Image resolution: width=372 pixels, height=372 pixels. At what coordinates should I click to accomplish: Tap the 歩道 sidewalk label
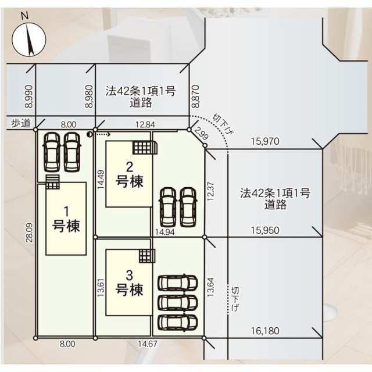coord(21,123)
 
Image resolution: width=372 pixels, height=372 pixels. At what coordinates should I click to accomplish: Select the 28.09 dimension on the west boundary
coord(30,233)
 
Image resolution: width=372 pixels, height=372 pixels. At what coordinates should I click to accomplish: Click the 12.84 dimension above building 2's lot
coord(145,124)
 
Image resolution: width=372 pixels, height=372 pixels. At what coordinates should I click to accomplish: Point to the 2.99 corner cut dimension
coord(202,133)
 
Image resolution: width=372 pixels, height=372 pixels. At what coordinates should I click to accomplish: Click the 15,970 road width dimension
coord(265,141)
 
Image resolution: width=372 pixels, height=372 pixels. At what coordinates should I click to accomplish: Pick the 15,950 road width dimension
coord(265,230)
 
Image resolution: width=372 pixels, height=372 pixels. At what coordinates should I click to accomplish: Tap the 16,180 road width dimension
coord(265,331)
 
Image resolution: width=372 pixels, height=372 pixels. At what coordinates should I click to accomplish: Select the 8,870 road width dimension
coord(196,96)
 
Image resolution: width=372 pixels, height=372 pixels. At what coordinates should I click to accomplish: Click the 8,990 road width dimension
coord(28,96)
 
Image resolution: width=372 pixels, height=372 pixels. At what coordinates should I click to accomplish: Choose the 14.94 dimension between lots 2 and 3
coord(164,232)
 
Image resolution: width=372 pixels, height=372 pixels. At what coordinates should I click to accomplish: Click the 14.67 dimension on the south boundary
coord(148,344)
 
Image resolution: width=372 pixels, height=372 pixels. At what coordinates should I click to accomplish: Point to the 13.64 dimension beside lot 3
coord(210,287)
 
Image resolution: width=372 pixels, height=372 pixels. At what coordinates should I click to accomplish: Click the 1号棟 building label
coord(66,219)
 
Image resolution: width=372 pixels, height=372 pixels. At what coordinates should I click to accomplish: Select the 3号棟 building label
coord(129,283)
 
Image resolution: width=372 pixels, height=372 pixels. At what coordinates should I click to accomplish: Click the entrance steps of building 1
coord(52,182)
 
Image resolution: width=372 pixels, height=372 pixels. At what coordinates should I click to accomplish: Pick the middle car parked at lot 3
coord(178,302)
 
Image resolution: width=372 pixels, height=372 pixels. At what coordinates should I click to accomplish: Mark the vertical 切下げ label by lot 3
coord(235,299)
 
